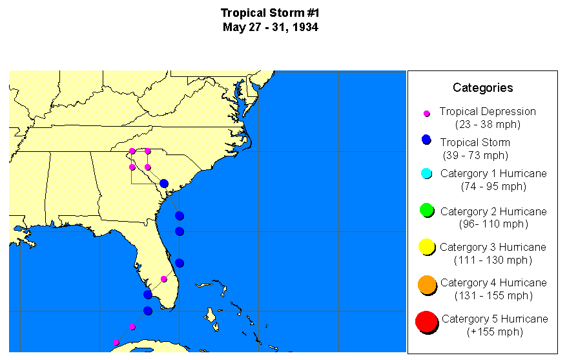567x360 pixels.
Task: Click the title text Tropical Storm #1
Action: (x=270, y=13)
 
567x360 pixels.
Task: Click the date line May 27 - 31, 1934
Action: (x=270, y=27)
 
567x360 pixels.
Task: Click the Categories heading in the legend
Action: (x=482, y=88)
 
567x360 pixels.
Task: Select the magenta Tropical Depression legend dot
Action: (x=426, y=113)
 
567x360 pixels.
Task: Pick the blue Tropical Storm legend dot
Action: (x=426, y=140)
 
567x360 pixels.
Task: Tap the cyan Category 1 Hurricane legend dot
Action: (x=426, y=173)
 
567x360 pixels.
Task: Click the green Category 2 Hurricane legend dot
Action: (x=426, y=210)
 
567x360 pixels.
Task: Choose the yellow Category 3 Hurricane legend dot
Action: (x=426, y=246)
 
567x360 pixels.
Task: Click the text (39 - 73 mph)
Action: (x=475, y=156)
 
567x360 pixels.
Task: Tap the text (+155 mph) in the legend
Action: (x=494, y=332)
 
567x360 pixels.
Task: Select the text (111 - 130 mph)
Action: (x=493, y=260)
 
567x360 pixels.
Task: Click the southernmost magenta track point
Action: (x=116, y=343)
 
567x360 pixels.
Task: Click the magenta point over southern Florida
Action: (x=164, y=279)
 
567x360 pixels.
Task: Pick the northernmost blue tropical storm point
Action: (x=164, y=184)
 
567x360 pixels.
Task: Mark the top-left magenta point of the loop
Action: (x=132, y=151)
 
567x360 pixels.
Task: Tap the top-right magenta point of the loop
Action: (x=148, y=151)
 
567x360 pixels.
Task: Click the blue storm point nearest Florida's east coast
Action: (x=180, y=263)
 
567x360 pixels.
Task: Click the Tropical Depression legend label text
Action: (x=488, y=111)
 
